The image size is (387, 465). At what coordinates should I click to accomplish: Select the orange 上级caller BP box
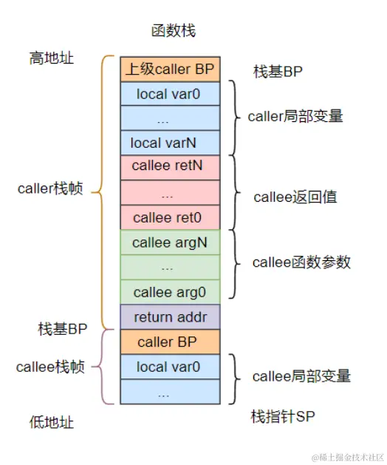pyautogui.click(x=170, y=69)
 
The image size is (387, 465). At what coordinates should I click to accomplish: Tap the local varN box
pyautogui.click(x=170, y=142)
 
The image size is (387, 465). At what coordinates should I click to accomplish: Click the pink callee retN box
pyautogui.click(x=170, y=166)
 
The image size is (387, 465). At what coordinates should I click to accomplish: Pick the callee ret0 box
pyautogui.click(x=170, y=217)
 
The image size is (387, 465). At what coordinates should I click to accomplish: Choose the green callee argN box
pyautogui.click(x=170, y=242)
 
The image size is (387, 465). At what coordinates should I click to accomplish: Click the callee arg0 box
pyautogui.click(x=170, y=292)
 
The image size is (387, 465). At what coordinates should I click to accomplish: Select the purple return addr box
pyautogui.click(x=170, y=317)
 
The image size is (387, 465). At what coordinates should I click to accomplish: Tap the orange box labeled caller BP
pyautogui.click(x=170, y=342)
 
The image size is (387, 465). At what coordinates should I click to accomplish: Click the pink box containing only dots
pyautogui.click(x=170, y=192)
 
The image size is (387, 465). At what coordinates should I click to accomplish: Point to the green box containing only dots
pyautogui.click(x=170, y=267)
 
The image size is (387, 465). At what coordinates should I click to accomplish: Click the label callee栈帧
pyautogui.click(x=50, y=367)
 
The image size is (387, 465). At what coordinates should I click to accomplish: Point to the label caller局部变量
pyautogui.click(x=295, y=116)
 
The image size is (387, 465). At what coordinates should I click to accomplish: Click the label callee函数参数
pyautogui.click(x=301, y=262)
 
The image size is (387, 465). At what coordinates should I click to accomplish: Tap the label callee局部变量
pyautogui.click(x=301, y=376)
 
